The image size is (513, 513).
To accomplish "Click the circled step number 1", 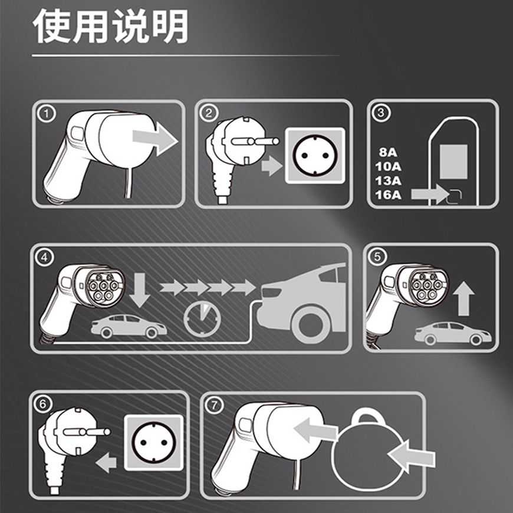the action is [47, 114].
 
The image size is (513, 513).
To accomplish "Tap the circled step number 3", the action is [381, 113].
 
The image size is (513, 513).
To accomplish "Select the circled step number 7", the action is [214, 405].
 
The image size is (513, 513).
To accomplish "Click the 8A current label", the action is [388, 152].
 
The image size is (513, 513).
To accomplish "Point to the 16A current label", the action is [388, 195].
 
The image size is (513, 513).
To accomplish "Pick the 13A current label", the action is [388, 180].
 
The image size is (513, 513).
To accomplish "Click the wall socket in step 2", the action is [315, 155].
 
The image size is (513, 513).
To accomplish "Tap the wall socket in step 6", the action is [153, 443].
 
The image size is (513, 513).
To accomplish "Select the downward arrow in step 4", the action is [140, 290].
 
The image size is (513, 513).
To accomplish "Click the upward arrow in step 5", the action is [463, 299].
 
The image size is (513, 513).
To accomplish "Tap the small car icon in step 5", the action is [453, 333].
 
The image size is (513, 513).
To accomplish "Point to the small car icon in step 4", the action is [129, 326].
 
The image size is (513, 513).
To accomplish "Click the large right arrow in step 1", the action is [156, 139].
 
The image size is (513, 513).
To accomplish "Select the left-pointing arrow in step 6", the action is [106, 463].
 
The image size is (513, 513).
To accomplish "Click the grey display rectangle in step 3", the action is [453, 162].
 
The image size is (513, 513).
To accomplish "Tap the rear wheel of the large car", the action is [310, 324].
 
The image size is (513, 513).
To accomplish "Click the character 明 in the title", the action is [170, 26].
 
